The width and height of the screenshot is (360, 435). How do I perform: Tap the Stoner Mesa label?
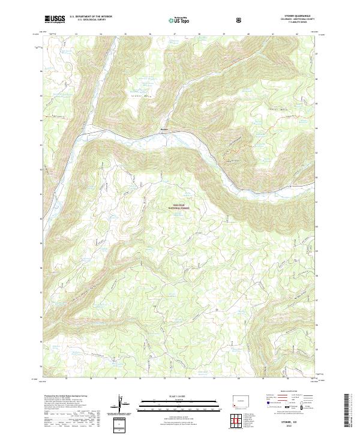139,94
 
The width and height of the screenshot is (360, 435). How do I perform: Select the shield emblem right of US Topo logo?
239,20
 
